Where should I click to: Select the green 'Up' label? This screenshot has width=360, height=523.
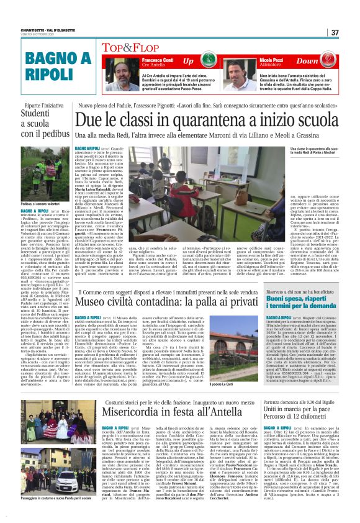[189, 61]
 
